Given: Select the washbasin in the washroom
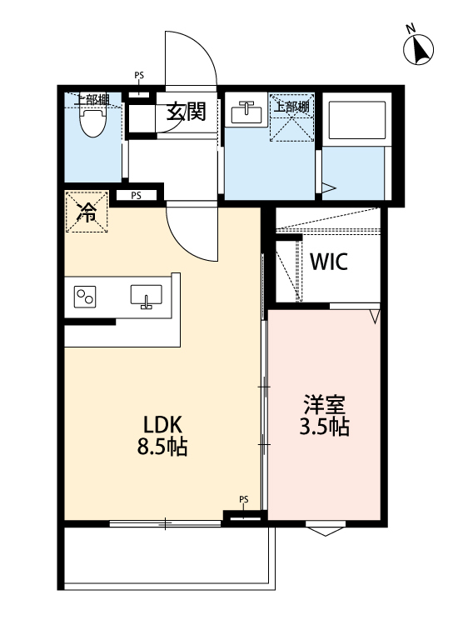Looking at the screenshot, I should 245,112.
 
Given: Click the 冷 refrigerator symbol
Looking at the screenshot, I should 87,212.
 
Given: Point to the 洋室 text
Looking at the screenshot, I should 324,407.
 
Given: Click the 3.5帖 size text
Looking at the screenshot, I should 324,428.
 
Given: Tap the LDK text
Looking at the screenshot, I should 162,424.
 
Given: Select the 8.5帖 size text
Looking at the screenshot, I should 162,447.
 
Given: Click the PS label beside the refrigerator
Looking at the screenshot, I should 135,196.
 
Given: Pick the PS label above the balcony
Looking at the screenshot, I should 244,500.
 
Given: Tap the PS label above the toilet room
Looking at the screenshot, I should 138,76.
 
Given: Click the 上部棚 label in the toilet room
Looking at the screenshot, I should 92,100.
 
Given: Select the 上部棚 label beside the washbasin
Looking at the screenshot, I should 291,107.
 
